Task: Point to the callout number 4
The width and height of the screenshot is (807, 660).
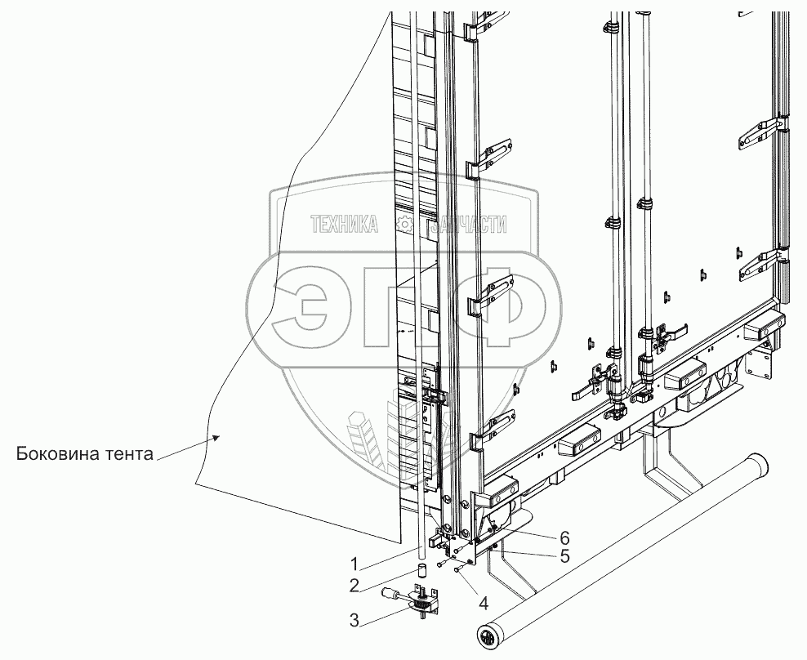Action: (x=484, y=605)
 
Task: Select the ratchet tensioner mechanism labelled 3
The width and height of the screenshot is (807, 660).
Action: (x=423, y=604)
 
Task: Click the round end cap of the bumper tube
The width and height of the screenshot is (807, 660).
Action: (x=489, y=636)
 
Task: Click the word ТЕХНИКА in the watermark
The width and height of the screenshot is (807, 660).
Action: (x=344, y=225)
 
